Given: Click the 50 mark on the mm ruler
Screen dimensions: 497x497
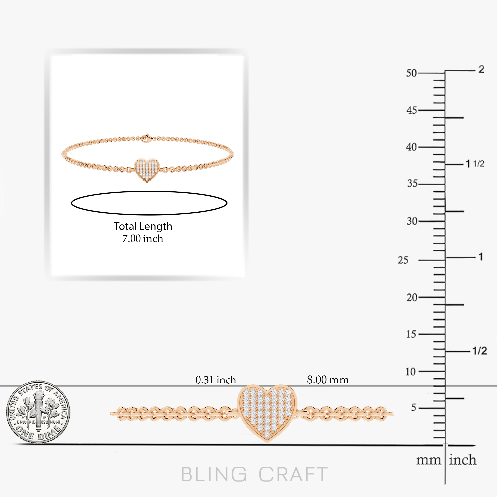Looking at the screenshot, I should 411,73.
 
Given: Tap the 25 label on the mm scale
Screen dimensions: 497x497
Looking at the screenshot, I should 403,260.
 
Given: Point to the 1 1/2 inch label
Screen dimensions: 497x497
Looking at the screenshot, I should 475,164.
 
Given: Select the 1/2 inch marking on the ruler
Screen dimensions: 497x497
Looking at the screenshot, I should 480,351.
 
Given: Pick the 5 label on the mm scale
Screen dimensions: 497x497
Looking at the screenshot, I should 413,408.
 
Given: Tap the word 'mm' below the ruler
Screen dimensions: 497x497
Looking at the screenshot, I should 429,460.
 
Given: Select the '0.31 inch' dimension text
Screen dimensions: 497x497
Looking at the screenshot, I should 216,380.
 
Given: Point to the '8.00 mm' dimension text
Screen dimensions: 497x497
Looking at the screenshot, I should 328,380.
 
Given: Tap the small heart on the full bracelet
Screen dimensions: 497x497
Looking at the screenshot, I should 147,170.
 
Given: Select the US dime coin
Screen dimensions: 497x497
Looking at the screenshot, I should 38,412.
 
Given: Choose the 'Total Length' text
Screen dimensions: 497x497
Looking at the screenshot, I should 143,226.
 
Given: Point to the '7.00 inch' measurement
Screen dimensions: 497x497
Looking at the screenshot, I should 143,239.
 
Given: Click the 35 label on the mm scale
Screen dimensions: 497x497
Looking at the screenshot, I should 412,184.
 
